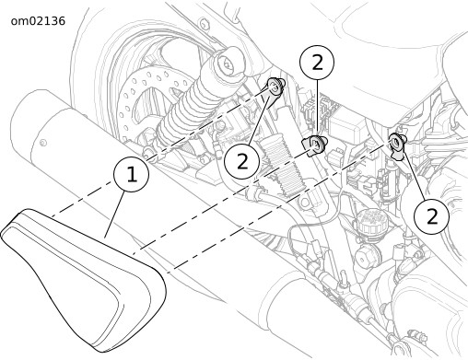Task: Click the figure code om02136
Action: coord(38,21)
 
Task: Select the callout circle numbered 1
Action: coord(132,174)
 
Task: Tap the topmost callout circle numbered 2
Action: coord(317,63)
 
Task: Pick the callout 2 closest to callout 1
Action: coord(242,161)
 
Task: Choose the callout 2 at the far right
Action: coord(431,216)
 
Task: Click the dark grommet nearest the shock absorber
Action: coord(275,89)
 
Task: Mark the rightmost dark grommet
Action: coord(397,145)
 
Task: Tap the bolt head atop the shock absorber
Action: coord(228,64)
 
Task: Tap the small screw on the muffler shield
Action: coord(43,142)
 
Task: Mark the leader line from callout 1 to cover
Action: coord(114,214)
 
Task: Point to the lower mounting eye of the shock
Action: coord(148,151)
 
